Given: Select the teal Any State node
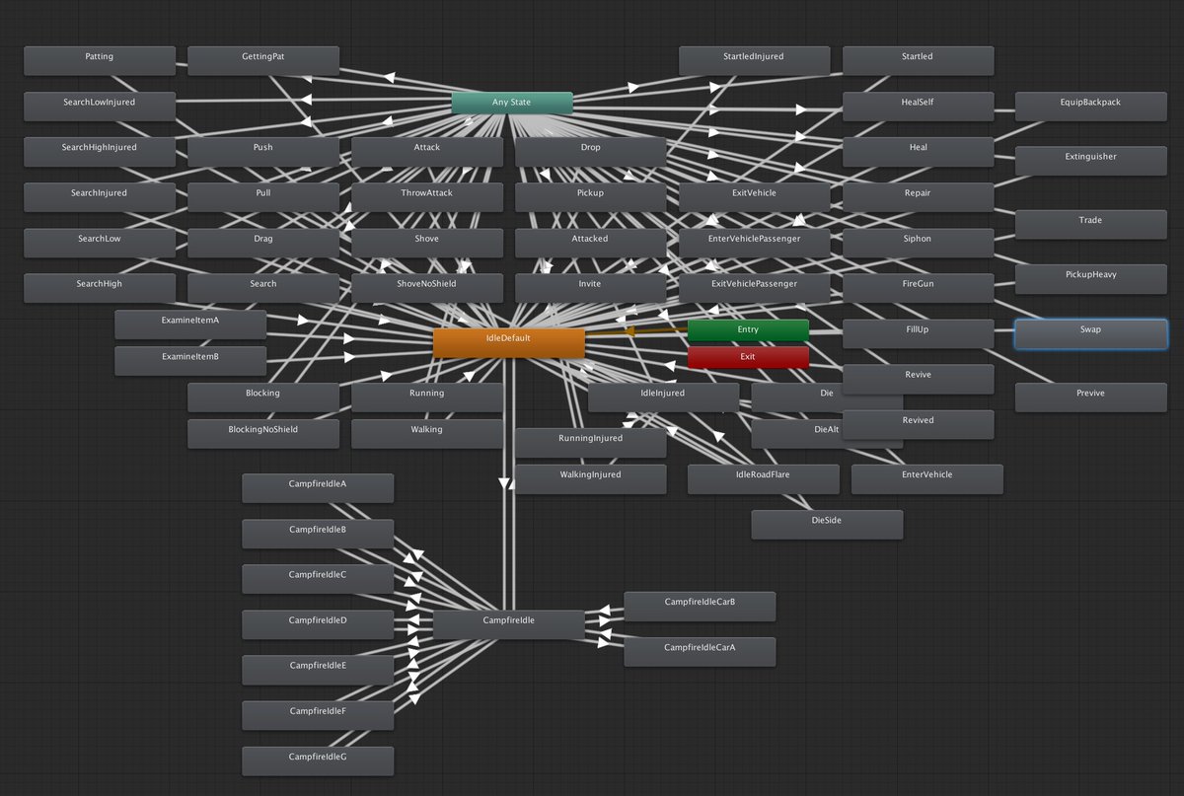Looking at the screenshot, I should point(512,103).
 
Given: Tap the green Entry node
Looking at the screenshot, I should point(748,329).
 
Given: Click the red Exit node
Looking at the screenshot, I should point(748,356).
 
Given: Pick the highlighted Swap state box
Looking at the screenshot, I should point(1090,333).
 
